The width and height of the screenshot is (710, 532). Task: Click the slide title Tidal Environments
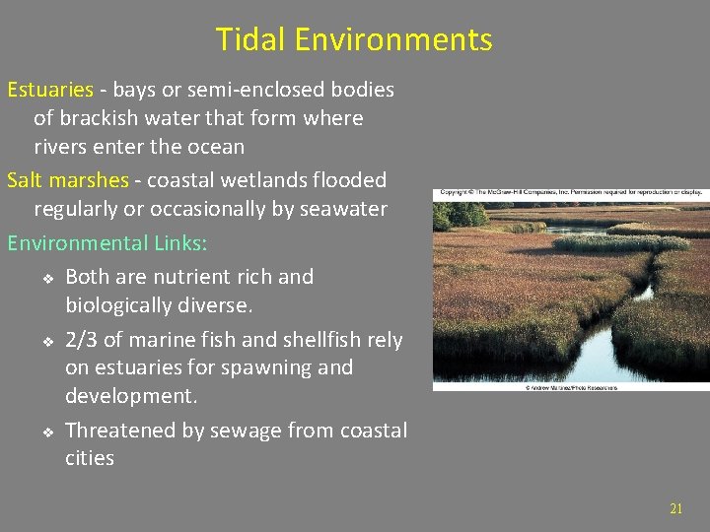[354, 39]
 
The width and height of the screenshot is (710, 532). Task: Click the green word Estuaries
[50, 90]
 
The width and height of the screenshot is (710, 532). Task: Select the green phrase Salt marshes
[68, 180]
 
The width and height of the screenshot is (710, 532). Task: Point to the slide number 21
[675, 508]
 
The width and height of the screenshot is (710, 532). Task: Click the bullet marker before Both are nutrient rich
[46, 278]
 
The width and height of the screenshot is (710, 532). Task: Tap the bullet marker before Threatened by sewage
[46, 432]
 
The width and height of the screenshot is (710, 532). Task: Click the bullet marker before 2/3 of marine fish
[46, 341]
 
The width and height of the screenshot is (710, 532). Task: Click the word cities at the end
[90, 458]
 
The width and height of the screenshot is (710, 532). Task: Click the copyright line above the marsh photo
[570, 192]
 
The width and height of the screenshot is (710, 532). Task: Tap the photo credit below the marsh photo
[571, 387]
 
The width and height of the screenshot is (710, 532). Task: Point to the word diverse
[197, 304]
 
